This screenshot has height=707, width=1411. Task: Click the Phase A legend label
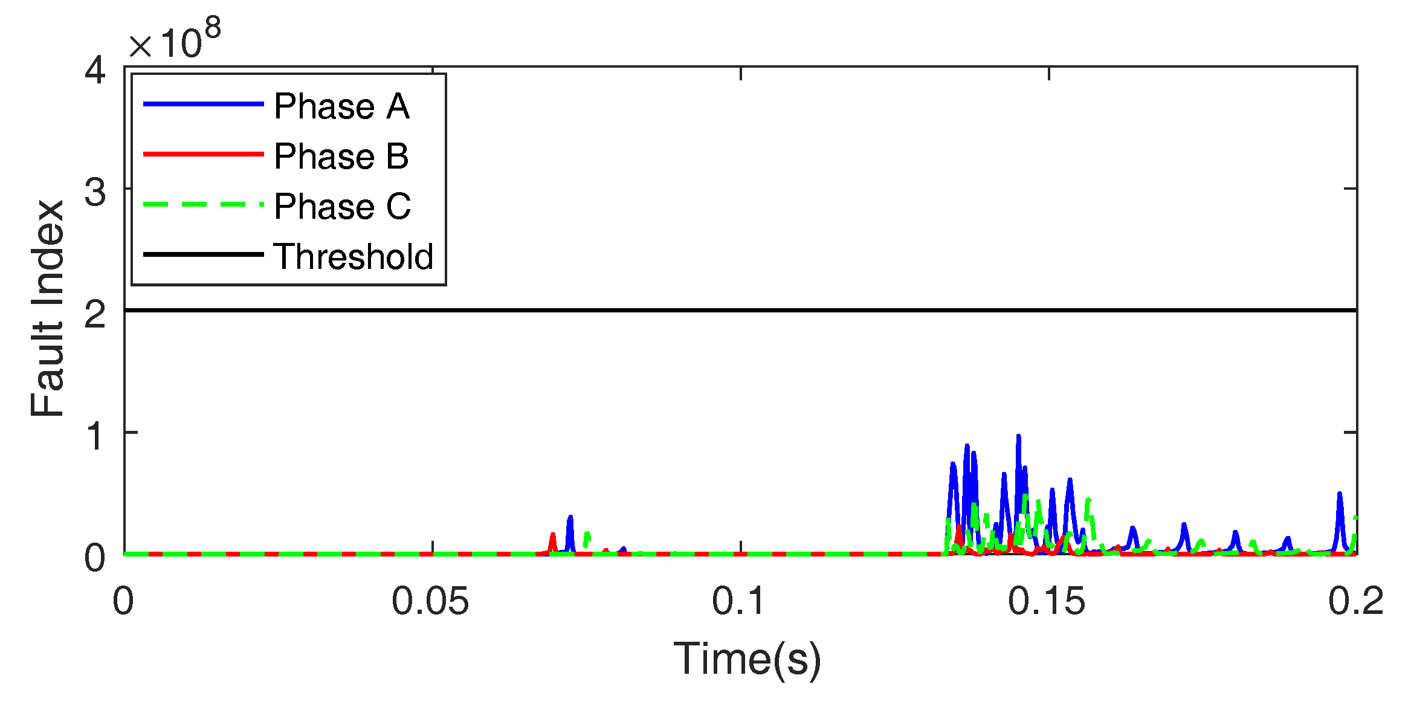[341, 106]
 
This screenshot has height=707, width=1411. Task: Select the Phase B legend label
[341, 157]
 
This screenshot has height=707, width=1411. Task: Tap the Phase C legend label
[342, 207]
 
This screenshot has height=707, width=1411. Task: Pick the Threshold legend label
[354, 256]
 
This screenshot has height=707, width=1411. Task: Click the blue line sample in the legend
[203, 105]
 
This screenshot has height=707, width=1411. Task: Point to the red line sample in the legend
[203, 155]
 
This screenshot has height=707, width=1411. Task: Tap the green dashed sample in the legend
[203, 205]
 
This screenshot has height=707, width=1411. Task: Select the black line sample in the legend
[203, 254]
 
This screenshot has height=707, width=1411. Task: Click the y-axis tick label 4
[95, 70]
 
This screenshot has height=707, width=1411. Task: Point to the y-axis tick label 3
[95, 193]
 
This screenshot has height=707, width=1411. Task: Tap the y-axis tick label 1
[95, 436]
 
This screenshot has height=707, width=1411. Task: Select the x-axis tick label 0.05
[430, 602]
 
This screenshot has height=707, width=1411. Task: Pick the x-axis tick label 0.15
[1047, 602]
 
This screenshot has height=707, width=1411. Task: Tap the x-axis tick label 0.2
[1355, 602]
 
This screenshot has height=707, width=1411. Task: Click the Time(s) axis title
[747, 659]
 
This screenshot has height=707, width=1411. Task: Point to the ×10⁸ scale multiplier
[174, 39]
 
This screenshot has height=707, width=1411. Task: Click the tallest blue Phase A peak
[1018, 437]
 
